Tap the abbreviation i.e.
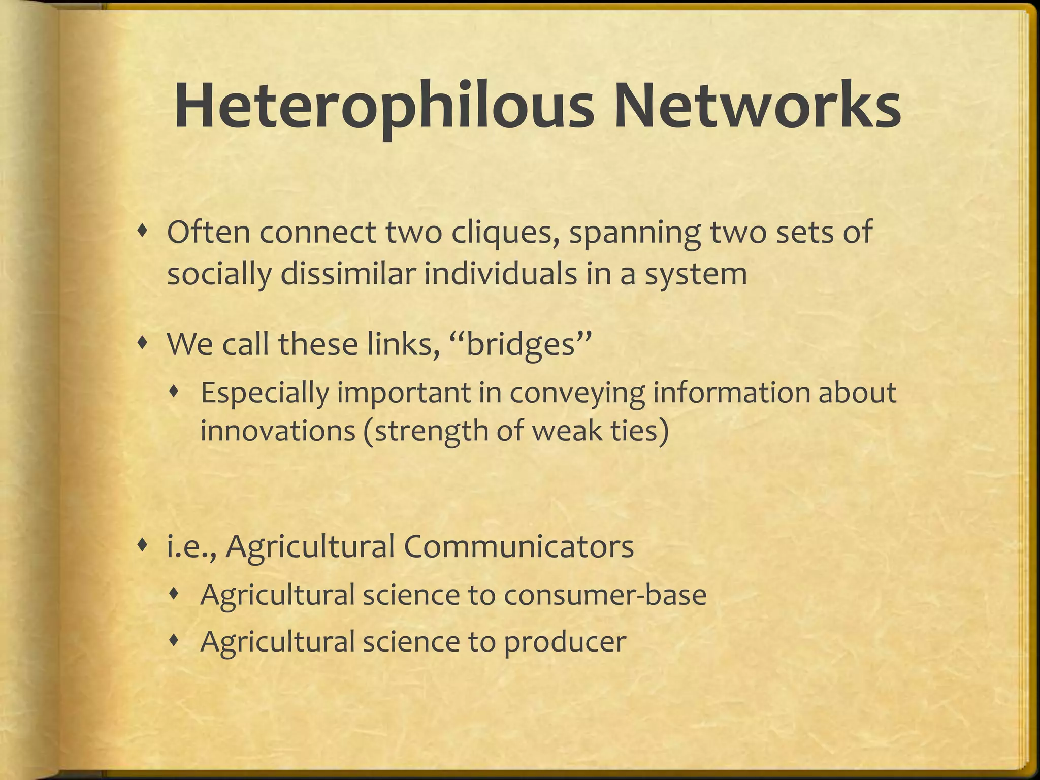[190, 547]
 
